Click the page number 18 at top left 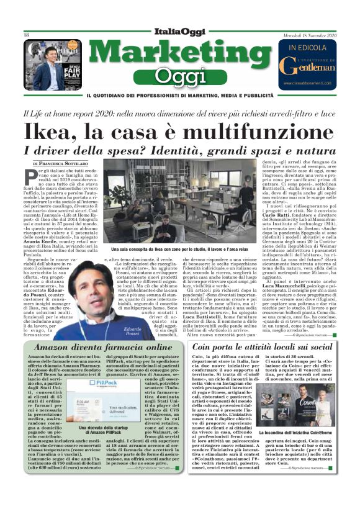coord(27,35)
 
